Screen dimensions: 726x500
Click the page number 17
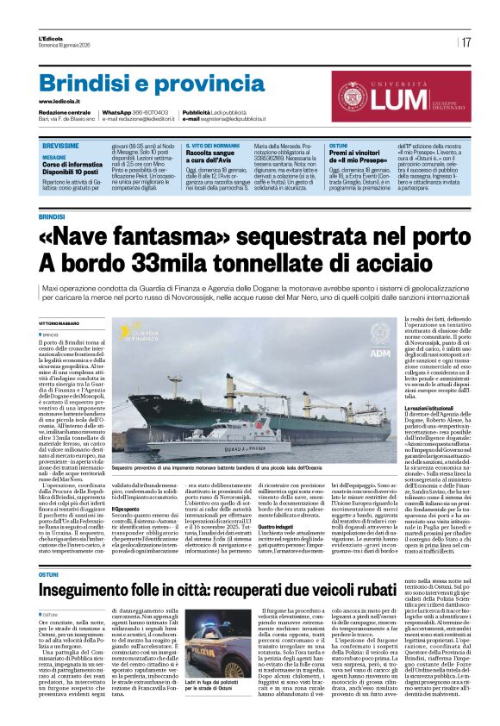click(466, 42)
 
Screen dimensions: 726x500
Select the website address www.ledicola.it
click(59, 102)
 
